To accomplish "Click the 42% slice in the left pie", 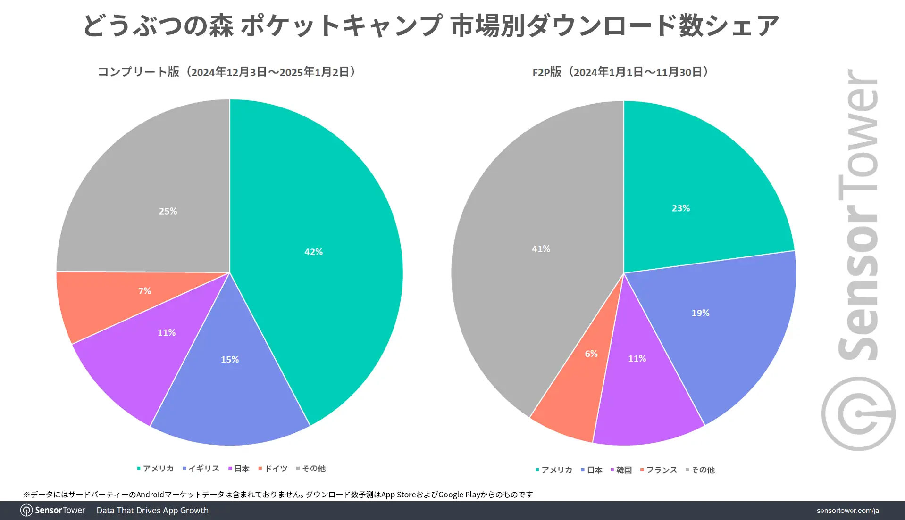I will pos(313,252).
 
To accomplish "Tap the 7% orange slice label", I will pos(144,291).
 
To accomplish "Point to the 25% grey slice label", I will pos(168,211).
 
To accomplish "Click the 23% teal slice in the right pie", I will pos(680,208).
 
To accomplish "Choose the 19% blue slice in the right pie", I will pos(700,313).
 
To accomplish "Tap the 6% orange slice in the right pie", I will pos(591,354).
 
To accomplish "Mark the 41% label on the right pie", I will pos(541,249).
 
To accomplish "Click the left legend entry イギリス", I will pos(201,469).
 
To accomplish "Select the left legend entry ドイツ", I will pos(273,469).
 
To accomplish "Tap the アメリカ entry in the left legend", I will pos(155,469).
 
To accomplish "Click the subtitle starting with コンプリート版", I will pos(226,72).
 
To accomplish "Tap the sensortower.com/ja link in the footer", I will pos(847,511).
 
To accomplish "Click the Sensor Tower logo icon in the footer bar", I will pos(26,511).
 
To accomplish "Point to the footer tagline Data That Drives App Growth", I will pos(152,511).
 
